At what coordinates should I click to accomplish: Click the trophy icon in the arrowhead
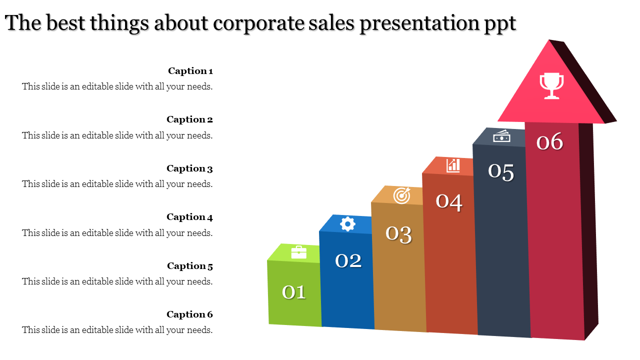(551, 86)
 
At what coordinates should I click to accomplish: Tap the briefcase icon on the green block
(298, 252)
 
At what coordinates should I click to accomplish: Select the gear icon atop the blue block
(347, 223)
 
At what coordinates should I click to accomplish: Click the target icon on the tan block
(401, 195)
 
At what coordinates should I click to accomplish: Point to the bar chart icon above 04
(453, 165)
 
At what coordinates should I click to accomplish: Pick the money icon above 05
(501, 135)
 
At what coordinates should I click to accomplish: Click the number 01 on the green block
(294, 292)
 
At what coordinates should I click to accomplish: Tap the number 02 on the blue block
(348, 260)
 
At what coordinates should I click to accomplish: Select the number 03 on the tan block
(398, 234)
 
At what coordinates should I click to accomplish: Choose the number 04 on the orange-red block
(449, 201)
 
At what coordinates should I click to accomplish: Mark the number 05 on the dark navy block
(501, 172)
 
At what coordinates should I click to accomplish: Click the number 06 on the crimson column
(549, 142)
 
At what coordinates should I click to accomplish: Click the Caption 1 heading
(190, 71)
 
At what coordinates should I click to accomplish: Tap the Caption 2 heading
(189, 119)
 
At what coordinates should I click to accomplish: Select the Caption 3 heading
(189, 168)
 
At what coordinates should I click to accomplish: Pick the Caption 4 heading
(189, 217)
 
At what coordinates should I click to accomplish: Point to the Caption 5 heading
(190, 266)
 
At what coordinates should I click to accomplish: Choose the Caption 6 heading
(189, 314)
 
